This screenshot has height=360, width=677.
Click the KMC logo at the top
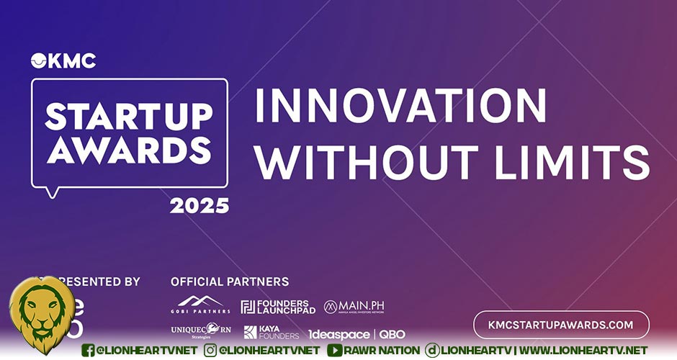(x=63, y=61)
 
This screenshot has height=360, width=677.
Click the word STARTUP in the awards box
(x=129, y=115)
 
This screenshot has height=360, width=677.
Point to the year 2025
(x=199, y=206)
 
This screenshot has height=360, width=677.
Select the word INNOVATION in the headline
(x=400, y=106)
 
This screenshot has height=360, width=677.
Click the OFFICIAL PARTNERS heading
(x=229, y=282)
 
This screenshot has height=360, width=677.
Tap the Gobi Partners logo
(x=200, y=305)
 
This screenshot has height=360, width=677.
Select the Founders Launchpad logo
(x=278, y=307)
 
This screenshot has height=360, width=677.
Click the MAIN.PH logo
(x=354, y=307)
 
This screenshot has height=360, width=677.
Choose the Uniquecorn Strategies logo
(x=200, y=332)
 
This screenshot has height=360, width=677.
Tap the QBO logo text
(x=392, y=334)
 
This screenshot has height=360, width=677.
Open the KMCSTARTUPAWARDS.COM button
(x=561, y=325)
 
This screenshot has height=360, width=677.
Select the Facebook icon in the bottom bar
(x=89, y=350)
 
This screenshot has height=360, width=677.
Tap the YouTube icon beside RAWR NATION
(x=334, y=350)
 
